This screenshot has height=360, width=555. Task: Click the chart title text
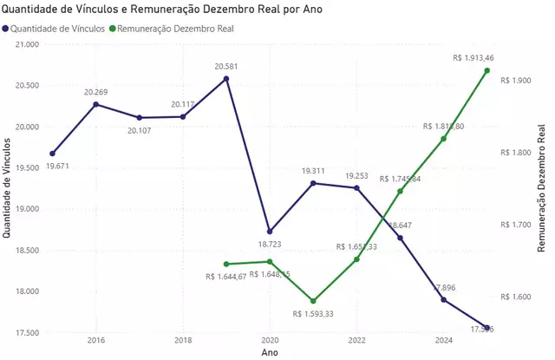coord(164,10)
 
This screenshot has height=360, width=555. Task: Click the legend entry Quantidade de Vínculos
coord(60,28)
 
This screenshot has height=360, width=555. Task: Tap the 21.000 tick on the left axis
coord(27,44)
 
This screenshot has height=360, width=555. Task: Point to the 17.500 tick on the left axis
coord(27,332)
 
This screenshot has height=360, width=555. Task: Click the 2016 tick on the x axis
coord(95,341)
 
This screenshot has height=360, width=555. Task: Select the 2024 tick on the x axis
coord(443,341)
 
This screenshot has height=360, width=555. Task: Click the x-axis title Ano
coord(270,353)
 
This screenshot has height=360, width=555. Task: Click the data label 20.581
coord(226,65)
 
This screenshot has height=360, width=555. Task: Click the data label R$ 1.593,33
coord(312,314)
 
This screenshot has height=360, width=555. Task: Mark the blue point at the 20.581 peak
coord(226,79)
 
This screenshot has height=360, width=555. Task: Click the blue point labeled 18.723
coord(270,232)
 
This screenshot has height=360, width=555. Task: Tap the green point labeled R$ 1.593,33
coord(313,301)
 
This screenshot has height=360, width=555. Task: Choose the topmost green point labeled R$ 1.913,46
coord(487,70)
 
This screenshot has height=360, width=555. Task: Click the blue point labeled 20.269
coord(95,104)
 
